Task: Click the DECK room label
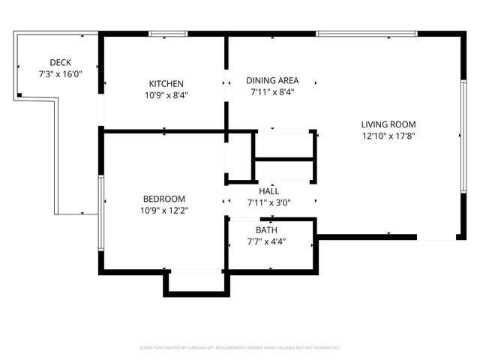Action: click(59, 62)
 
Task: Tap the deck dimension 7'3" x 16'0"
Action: click(59, 74)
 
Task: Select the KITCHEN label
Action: click(166, 83)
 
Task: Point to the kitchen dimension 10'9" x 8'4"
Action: click(166, 95)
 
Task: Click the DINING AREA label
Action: click(272, 81)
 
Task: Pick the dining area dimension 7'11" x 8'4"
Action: click(272, 93)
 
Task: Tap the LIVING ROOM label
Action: click(388, 124)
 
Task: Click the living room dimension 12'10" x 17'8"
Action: click(388, 136)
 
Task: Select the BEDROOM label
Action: click(164, 199)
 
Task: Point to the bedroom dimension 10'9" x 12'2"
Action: click(164, 211)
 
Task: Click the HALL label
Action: click(269, 191)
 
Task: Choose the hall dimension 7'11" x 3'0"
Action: click(269, 202)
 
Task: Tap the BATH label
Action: click(266, 230)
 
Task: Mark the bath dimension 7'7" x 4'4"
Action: click(266, 242)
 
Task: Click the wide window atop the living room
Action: click(366, 34)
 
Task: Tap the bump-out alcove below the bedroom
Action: click(196, 281)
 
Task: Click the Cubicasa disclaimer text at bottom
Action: click(240, 348)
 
